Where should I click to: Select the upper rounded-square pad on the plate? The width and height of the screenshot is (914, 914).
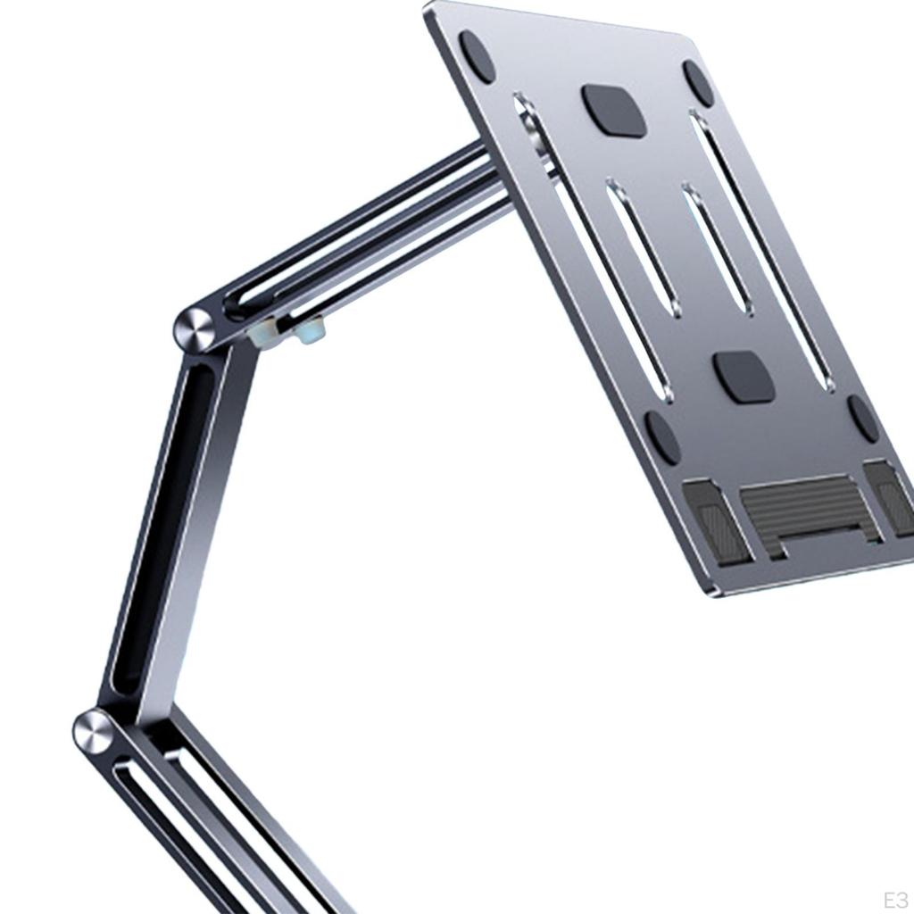click(614, 111)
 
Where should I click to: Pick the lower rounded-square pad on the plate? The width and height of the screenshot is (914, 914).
click(743, 376)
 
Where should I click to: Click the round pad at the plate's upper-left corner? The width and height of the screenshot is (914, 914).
click(477, 57)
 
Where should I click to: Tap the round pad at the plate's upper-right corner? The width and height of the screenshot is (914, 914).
click(698, 83)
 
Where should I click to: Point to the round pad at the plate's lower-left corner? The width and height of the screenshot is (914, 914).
click(662, 437)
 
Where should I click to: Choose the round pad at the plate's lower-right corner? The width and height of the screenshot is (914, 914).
click(862, 418)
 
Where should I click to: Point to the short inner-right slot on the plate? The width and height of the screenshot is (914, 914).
click(716, 248)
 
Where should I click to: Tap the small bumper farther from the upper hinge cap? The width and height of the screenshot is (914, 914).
click(309, 334)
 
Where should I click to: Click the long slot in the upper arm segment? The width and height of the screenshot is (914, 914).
click(357, 234)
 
